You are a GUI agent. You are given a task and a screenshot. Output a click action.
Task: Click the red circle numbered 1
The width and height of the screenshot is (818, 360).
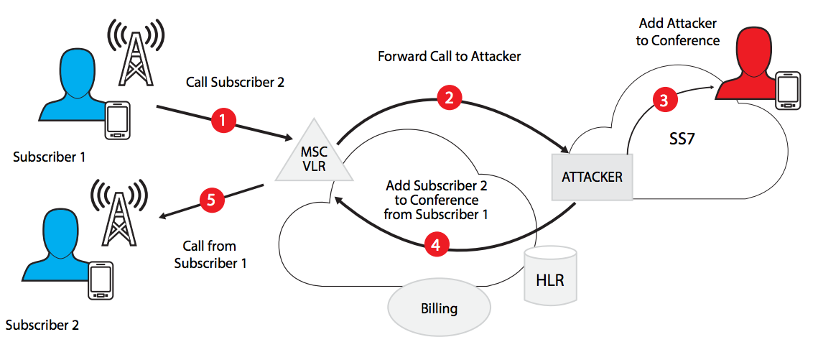pos(223,121)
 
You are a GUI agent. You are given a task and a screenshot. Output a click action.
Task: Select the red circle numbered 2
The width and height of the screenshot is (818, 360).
pos(449,98)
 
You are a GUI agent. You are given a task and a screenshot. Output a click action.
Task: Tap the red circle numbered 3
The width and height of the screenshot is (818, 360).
pos(664,100)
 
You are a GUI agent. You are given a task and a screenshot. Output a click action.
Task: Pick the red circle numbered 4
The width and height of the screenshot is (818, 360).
pos(434,244)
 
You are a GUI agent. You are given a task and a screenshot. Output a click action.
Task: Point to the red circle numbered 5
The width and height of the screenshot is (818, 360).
pos(210,200)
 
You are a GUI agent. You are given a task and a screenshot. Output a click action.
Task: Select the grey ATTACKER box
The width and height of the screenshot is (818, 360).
pos(591,176)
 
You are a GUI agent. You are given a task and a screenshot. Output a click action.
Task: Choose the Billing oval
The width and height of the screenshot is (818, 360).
pos(439,309)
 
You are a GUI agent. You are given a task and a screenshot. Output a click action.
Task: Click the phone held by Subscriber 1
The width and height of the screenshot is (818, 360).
pos(118,120)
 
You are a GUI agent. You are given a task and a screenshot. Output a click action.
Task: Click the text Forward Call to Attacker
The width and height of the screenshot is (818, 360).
pos(449,56)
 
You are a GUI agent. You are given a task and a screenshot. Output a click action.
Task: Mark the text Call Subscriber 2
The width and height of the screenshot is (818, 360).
pos(235,82)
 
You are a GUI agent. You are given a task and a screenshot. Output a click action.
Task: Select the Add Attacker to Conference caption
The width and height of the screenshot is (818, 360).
pos(678,33)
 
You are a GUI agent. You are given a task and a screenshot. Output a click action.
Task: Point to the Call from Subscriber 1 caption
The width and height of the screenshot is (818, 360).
pos(210,255)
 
